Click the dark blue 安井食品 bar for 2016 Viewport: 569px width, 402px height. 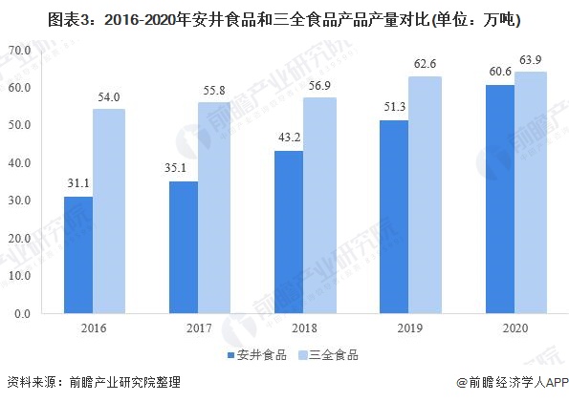[x=79, y=255]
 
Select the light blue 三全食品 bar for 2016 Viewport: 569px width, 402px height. [x=109, y=211]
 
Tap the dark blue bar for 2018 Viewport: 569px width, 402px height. [x=289, y=232]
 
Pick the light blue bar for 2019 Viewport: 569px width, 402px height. [x=425, y=195]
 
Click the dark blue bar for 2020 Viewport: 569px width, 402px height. [x=500, y=199]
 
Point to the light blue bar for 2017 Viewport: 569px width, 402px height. [x=214, y=207]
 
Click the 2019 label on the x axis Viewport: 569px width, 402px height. [x=409, y=328]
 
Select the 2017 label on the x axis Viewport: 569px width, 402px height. [x=199, y=328]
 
